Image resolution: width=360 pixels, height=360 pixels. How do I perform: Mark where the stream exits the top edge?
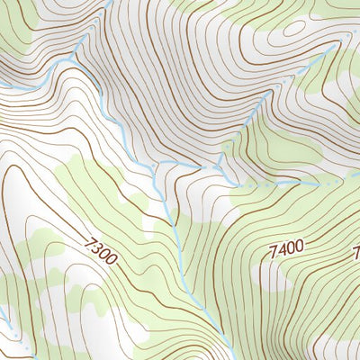point(107,2)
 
